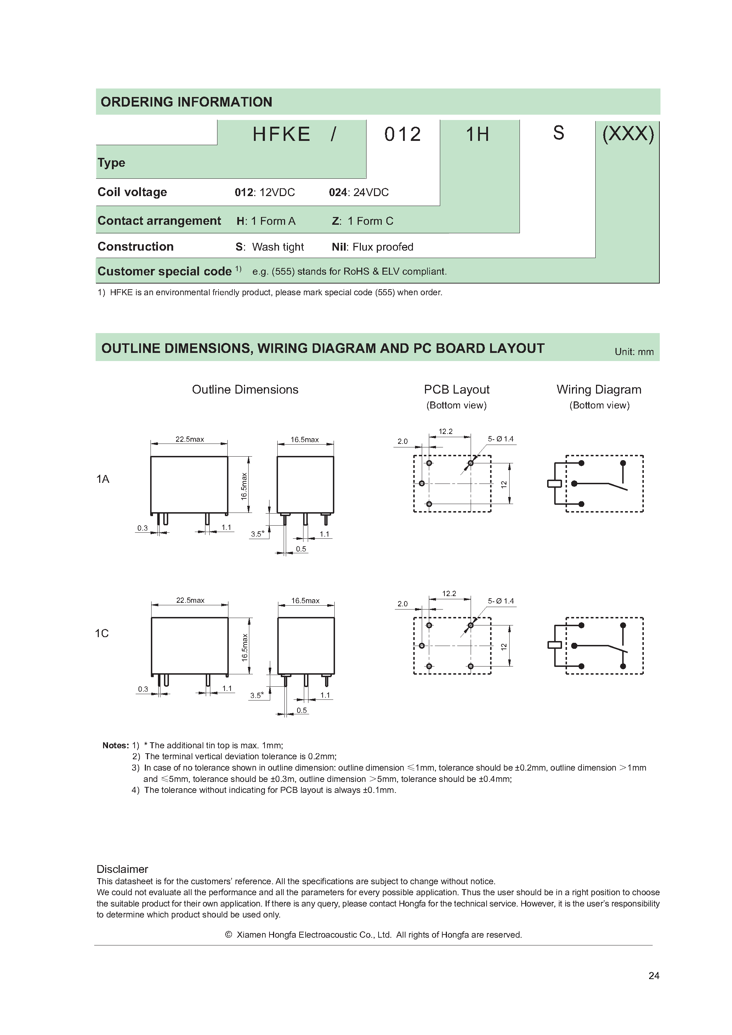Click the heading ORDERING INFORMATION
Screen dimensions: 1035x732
point(186,102)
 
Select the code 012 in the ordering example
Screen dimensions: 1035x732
point(402,135)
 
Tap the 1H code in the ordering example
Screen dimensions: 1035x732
point(477,135)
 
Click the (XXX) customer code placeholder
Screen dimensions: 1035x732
point(628,133)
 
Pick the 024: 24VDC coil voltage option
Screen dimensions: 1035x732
point(358,193)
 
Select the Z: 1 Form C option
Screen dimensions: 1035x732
point(362,221)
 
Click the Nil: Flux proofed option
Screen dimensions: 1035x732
point(372,247)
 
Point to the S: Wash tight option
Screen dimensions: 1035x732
point(270,247)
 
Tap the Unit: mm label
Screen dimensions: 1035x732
point(634,351)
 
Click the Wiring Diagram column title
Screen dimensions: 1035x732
point(598,389)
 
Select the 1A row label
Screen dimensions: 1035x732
point(103,479)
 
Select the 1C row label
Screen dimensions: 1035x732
point(102,633)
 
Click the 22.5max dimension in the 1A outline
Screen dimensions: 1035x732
point(189,439)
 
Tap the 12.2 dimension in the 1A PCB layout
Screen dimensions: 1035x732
point(446,431)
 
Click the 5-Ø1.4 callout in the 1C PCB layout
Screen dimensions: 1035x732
point(501,601)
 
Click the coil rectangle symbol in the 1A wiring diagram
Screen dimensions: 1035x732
point(554,484)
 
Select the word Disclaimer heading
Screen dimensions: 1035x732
point(122,869)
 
